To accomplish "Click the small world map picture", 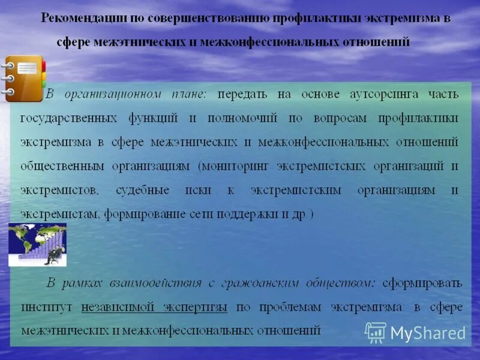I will point(37,244).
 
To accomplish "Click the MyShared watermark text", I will point(428,333).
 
